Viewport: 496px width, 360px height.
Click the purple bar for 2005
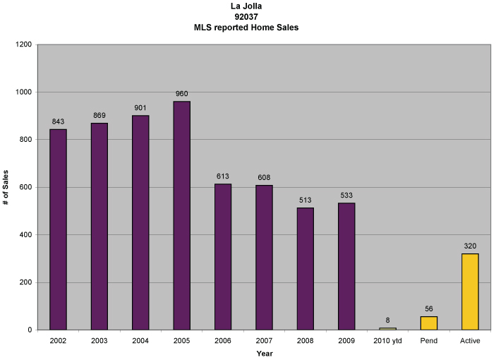click(181, 215)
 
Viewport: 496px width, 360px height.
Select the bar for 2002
click(58, 229)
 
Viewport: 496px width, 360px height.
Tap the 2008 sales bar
click(305, 268)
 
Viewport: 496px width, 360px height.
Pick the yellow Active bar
click(470, 292)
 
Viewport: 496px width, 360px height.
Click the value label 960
click(181, 94)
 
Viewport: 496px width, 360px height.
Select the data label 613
click(223, 176)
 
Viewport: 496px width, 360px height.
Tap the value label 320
click(470, 246)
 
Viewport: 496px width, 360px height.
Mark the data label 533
click(346, 196)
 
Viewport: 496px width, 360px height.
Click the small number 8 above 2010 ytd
click(387, 320)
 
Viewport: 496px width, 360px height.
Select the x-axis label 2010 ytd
click(387, 340)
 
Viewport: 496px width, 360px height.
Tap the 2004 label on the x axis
click(140, 340)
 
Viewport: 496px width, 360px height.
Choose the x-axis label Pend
click(428, 340)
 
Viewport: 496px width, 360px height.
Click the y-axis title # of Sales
click(6, 187)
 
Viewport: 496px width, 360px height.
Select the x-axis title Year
click(264, 353)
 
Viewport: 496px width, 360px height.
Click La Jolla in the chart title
click(250, 7)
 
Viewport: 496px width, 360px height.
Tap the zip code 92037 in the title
click(250, 17)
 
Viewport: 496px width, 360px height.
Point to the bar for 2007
click(264, 258)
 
